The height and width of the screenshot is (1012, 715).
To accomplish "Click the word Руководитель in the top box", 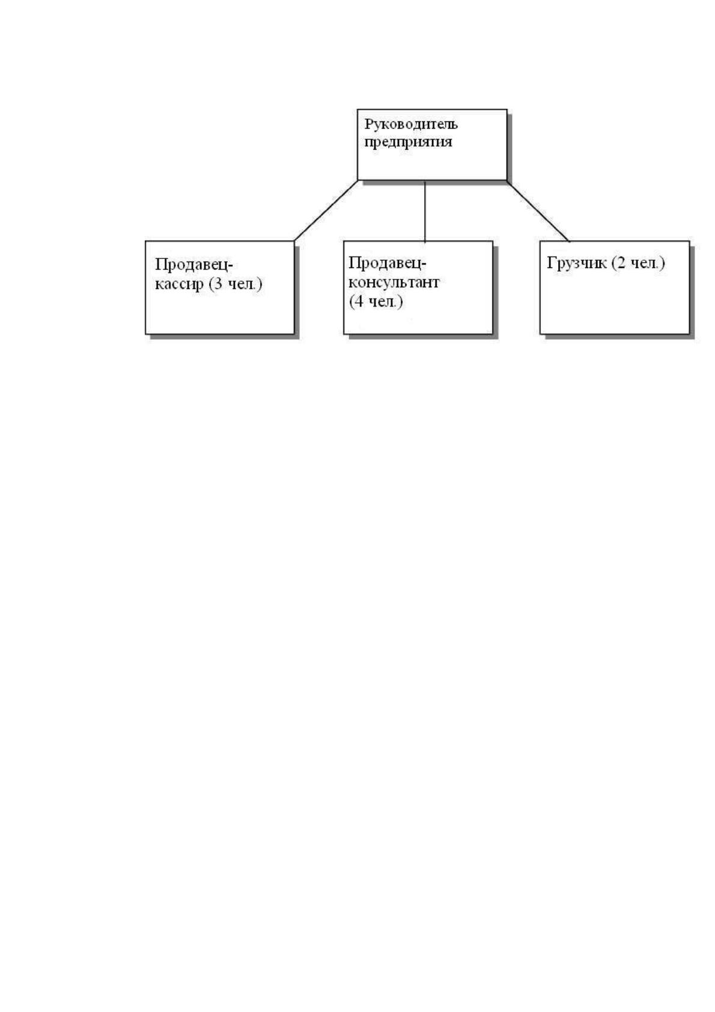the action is pos(411,124).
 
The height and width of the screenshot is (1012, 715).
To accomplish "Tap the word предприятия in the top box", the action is pos(408,142).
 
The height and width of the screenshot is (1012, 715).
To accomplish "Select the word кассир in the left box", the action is pos(179,285).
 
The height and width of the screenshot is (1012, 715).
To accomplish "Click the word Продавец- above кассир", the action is pos(193,265).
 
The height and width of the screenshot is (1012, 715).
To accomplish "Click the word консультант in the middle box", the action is pos(394,282).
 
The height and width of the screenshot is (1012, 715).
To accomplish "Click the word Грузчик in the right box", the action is pos(576,263).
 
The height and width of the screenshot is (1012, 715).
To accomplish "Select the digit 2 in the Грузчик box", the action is pos(621,263).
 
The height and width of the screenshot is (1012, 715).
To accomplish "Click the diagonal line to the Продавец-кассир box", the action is pos(326,210).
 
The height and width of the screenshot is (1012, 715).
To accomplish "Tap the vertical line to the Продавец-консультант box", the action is pos(425,211).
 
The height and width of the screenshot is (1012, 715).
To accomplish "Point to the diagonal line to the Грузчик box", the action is pos(538,211).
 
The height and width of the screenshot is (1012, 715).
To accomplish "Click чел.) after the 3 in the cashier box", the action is pos(245,284).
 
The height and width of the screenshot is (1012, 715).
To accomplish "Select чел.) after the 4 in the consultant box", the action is pos(385,302).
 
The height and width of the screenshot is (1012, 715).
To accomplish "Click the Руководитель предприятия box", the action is pos(432,145).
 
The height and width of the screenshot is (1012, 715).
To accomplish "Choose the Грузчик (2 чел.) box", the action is pos(615,288).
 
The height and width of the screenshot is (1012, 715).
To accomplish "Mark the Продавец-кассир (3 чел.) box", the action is pos(219,288).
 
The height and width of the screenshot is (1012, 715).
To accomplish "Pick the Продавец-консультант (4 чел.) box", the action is pos(418,288).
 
